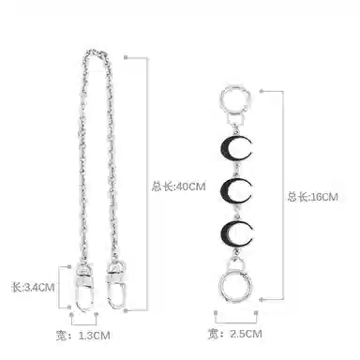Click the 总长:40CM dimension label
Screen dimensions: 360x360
(x=179, y=187)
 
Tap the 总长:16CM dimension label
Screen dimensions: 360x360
(x=313, y=197)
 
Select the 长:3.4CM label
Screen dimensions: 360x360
(x=33, y=287)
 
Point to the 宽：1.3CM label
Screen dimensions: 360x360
(x=83, y=336)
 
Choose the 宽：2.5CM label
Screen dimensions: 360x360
(x=235, y=334)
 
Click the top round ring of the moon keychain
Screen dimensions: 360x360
(x=222, y=97)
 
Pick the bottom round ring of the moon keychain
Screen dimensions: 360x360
(x=220, y=287)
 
